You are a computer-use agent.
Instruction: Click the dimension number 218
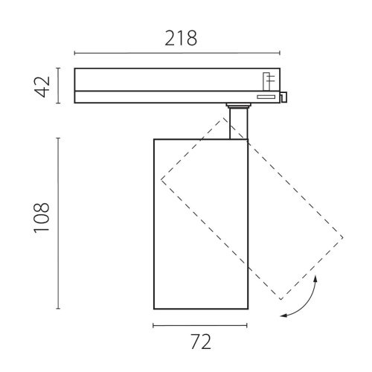tap(181, 38)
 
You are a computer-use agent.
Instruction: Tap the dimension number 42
tap(42, 86)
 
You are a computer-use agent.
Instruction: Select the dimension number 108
tap(42, 218)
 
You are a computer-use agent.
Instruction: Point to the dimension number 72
tap(201, 341)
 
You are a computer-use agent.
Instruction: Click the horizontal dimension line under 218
tap(177, 53)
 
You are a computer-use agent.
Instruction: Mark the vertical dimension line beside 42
tap(58, 86)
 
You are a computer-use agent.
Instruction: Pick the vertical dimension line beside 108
tap(58, 223)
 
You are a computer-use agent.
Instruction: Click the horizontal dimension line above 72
tap(200, 325)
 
